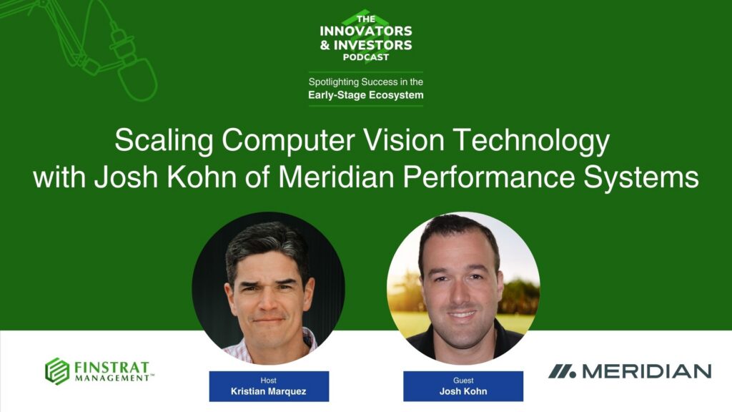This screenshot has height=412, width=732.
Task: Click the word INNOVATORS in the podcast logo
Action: [366, 31]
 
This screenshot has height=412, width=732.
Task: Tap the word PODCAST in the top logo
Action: [366, 58]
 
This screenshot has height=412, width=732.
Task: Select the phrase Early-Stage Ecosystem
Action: [365, 94]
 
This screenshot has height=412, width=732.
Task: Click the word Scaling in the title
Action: [163, 141]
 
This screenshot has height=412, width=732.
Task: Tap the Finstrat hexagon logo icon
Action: [57, 371]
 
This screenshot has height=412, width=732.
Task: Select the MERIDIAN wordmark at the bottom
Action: [646, 371]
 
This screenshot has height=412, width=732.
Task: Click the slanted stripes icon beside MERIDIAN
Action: [562, 371]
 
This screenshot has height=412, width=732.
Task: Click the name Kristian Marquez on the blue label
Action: [269, 392]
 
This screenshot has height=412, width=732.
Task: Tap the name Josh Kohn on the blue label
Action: [463, 392]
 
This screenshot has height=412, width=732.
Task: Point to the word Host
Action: [269, 381]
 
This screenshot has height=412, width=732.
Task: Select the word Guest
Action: [463, 381]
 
